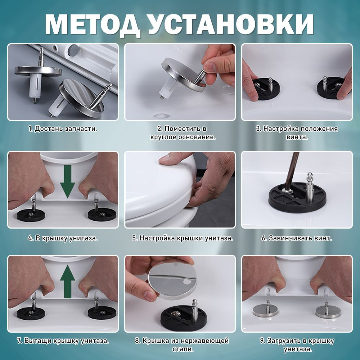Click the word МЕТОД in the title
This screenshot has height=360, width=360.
[92, 24]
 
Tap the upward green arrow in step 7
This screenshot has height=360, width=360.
[68, 282]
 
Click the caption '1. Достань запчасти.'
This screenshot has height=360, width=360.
[63, 129]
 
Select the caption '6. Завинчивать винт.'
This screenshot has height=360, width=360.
[297, 238]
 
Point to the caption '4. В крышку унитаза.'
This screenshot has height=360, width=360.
[63, 238]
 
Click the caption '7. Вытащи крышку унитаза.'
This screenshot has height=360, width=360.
[63, 341]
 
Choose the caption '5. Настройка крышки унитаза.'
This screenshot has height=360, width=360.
[183, 238]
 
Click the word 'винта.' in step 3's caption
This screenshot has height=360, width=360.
[297, 137]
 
